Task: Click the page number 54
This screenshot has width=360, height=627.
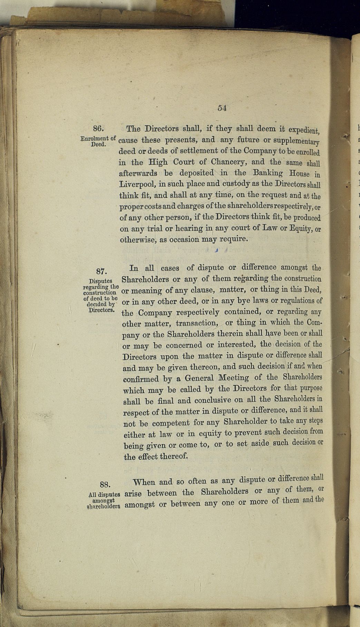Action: tap(222, 108)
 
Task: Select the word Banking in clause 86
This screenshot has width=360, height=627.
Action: tap(267, 173)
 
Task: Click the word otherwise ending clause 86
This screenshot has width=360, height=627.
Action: tap(137, 240)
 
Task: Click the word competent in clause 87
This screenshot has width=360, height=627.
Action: tap(171, 423)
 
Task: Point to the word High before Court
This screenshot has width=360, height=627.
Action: tap(158, 162)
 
